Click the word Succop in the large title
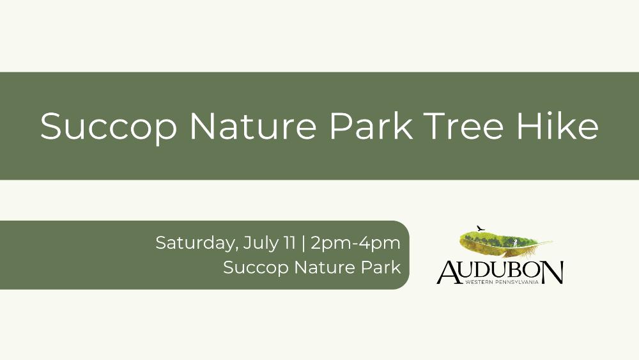109,127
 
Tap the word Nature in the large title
253,125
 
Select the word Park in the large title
371,125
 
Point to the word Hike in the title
557,125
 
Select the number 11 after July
289,243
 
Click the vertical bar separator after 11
303,244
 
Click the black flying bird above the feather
481,228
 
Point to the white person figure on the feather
515,243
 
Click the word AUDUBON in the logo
500,272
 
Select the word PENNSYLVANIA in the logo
517,282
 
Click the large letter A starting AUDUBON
449,272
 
